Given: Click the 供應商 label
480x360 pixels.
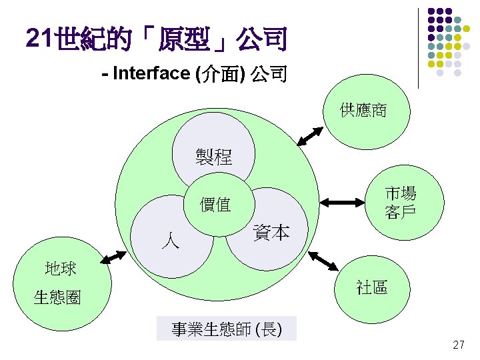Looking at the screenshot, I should [363, 110].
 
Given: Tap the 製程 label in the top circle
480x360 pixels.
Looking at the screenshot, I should [214, 157].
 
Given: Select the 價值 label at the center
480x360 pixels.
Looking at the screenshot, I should [215, 205].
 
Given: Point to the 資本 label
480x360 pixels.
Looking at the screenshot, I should [271, 233].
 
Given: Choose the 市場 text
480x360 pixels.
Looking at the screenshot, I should [401, 194].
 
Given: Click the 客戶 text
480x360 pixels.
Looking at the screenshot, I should [401, 213].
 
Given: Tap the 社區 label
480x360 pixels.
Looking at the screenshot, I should [371, 287].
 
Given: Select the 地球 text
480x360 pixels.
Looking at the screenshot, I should [61, 269].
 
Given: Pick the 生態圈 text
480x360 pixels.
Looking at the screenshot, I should [57, 297].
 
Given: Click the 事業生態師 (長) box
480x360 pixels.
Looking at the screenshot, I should [226, 329].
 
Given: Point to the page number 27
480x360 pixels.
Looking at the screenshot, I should [458, 345].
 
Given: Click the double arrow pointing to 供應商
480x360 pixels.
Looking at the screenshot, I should [310, 135].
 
